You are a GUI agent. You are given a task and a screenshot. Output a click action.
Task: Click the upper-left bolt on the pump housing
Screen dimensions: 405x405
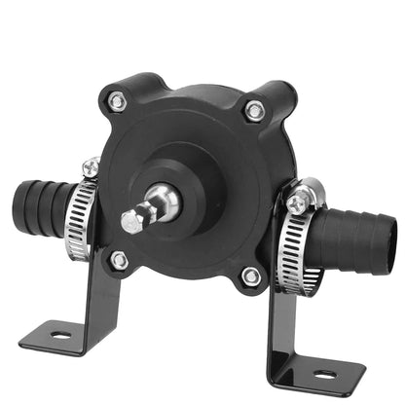(x=117, y=98)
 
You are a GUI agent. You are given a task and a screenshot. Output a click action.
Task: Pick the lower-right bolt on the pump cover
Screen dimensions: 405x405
(x=250, y=276)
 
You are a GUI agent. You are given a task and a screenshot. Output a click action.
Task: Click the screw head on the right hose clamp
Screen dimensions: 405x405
(x=295, y=203)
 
